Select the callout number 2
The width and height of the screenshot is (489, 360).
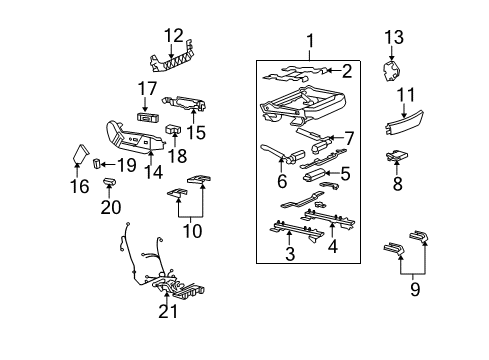tap(347, 70)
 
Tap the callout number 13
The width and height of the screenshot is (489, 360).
tap(394, 37)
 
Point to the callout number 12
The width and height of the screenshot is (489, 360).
tap(175, 36)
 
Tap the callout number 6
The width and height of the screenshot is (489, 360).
tap(283, 182)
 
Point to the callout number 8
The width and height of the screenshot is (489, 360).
tap(398, 184)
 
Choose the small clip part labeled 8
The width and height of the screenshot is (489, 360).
tap(398, 156)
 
